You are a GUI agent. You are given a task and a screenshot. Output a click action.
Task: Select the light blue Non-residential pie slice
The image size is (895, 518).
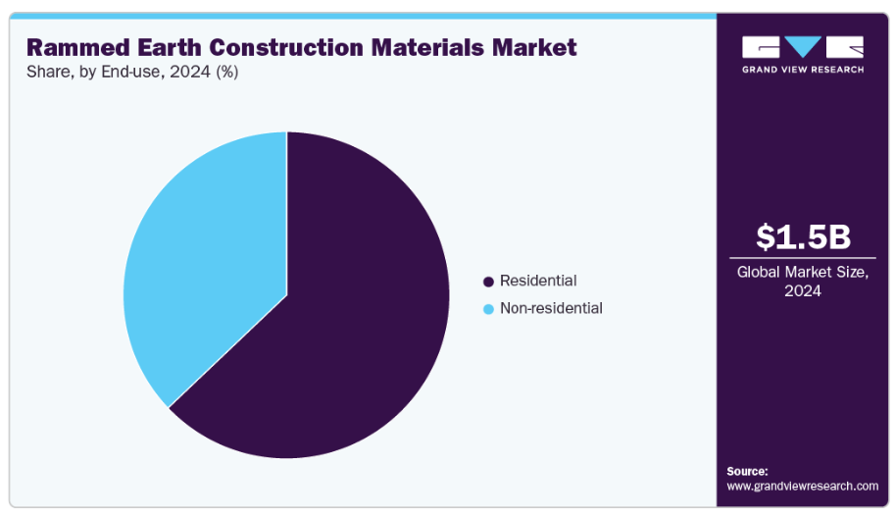point(201,265)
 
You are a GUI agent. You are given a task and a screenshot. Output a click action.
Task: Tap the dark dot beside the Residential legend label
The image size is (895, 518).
point(488,282)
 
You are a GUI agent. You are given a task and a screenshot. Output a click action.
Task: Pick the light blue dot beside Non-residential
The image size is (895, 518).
point(488,309)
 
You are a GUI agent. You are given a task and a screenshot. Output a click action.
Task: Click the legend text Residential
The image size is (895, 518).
point(538,281)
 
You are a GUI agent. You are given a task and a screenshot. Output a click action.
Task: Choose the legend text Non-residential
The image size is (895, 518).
point(551,308)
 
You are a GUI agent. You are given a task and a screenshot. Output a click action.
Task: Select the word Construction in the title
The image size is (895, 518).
point(275,47)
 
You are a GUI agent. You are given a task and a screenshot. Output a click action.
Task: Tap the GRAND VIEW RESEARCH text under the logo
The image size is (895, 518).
point(803,70)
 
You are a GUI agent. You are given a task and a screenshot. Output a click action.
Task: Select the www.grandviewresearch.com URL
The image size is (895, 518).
point(803,486)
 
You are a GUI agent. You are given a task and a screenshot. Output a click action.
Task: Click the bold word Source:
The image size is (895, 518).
point(747,471)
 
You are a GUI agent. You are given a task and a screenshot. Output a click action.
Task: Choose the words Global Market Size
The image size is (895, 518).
point(803,272)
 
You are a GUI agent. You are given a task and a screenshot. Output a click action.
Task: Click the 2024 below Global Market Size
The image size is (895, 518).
point(803,291)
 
